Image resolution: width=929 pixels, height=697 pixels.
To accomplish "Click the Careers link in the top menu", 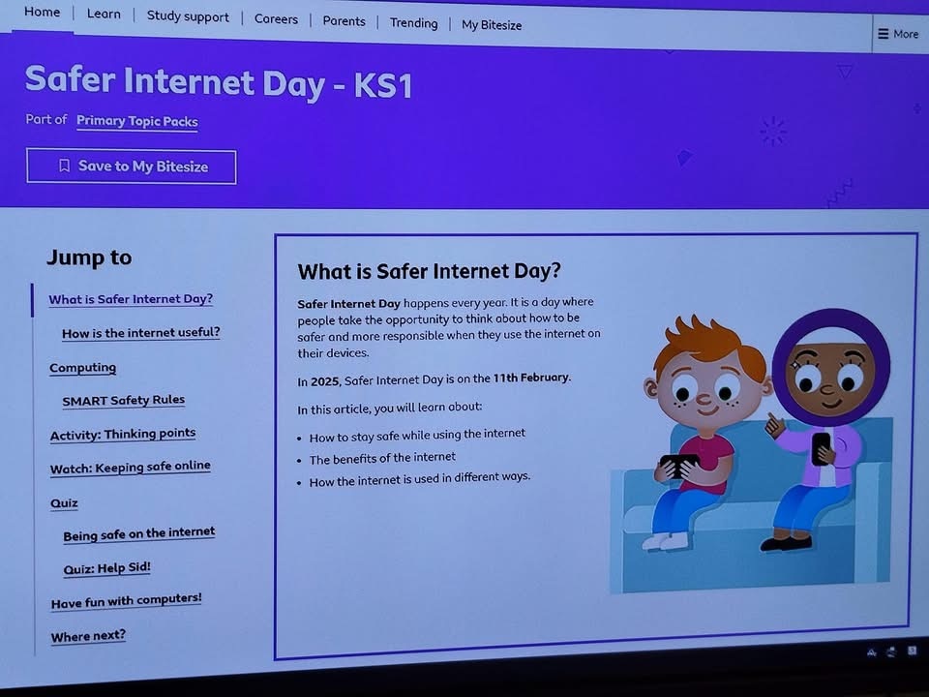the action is [276, 19].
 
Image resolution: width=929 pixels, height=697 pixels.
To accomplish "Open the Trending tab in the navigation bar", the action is [413, 23].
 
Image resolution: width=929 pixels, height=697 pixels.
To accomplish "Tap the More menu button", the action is [898, 34].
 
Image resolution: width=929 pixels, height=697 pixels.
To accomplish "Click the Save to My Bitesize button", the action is [132, 167].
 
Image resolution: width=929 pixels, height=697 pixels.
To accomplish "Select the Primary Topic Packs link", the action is [136, 121].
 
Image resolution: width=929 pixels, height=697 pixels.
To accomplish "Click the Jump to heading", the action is [89, 258].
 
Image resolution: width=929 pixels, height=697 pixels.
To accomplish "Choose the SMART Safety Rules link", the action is [123, 401].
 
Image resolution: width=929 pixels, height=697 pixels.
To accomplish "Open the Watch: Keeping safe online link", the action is [131, 467].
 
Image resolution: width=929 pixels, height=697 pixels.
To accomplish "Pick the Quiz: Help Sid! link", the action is [106, 568].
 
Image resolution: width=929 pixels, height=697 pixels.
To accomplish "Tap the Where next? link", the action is [88, 637].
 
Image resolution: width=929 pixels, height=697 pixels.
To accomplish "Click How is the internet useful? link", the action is [141, 332].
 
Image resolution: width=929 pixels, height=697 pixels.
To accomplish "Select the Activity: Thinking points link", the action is [123, 434].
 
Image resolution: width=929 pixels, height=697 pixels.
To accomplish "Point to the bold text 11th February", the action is [531, 378].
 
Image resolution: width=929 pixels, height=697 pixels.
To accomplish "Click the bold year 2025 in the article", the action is [325, 381].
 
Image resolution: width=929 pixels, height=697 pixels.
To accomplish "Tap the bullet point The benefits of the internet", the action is [382, 458].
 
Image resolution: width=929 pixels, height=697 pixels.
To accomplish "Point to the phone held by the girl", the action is [821, 447].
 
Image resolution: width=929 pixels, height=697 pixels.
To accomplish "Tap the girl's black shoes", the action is [786, 542].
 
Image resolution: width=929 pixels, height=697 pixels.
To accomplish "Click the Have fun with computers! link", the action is [126, 601].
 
